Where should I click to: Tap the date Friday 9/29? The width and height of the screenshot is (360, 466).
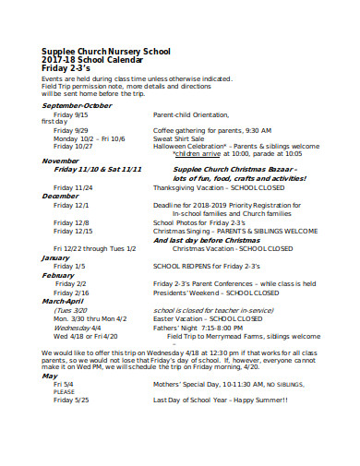71,130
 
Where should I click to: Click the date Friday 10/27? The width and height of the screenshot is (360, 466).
73,146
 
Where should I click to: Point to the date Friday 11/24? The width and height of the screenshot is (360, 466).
73,187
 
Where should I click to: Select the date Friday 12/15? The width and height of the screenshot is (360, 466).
73,231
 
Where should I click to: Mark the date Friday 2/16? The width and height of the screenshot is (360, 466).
71,292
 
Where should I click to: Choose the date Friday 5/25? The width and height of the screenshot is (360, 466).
71,400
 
